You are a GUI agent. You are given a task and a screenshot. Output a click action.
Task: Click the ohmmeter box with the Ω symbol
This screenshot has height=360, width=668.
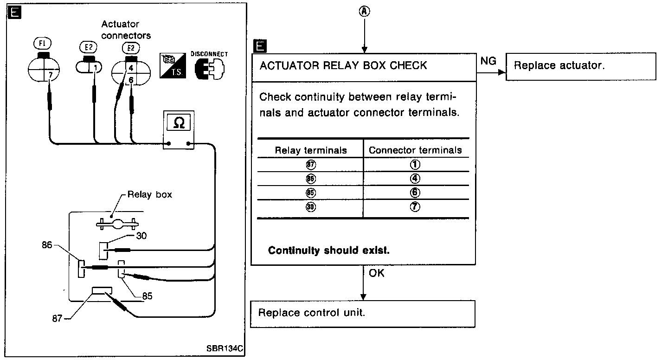tap(178, 130)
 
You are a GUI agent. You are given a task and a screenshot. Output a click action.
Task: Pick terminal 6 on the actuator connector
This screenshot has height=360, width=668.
tap(131, 80)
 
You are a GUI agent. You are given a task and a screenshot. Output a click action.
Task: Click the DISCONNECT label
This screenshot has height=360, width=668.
tap(209, 54)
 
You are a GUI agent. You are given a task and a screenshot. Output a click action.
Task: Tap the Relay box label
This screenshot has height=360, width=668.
tap(149, 194)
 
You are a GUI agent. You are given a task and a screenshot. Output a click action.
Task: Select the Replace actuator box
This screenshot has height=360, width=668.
tap(580, 66)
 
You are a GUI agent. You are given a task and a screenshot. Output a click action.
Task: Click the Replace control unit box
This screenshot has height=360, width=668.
tap(363, 313)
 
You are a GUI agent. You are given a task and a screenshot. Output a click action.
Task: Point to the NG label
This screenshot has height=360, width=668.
tap(488, 61)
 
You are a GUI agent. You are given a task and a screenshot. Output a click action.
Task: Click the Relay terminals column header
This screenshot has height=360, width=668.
tap(310, 150)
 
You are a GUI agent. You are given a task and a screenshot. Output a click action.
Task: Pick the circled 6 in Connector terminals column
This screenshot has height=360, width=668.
tap(415, 193)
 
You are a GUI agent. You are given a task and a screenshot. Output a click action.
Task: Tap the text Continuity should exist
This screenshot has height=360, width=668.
tap(328, 251)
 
